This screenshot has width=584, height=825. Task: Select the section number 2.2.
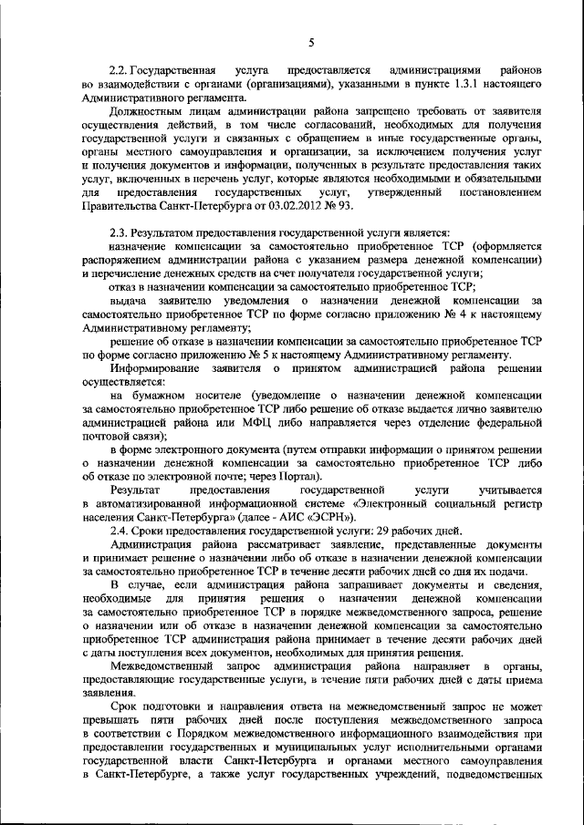[x=119, y=70]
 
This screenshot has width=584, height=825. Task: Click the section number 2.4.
[x=119, y=531]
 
